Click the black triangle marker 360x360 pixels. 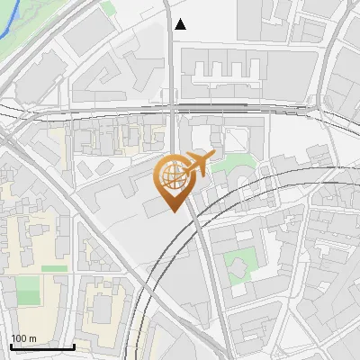tap(181, 24)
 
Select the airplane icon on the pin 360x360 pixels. tap(199, 164)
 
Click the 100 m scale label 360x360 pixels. tap(23, 338)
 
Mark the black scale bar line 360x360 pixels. tap(42, 346)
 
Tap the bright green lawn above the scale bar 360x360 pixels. tap(28, 290)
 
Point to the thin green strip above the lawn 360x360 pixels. tap(54, 268)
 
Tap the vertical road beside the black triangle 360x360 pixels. tap(169, 54)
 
